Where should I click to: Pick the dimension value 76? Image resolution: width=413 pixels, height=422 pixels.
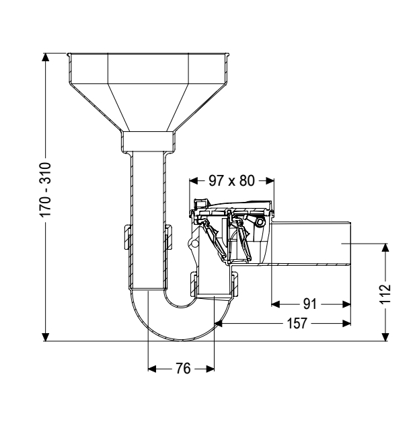click(182, 368)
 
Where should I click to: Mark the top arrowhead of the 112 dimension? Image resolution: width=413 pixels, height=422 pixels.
click(385, 248)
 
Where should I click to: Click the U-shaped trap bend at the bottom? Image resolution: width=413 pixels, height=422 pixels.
click(180, 316)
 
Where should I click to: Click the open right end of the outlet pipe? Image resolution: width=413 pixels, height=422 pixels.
click(350, 246)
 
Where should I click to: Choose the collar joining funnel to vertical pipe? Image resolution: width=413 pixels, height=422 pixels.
click(150, 141)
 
